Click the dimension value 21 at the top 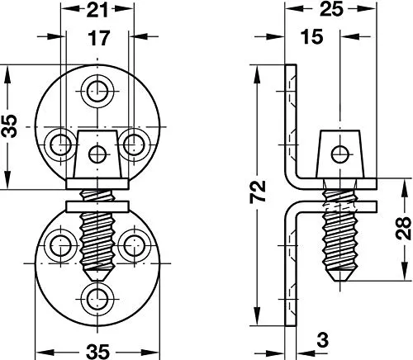coord(97,10)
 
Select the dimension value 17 coord(98,38)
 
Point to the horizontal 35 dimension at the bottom coord(97,352)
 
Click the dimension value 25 coord(332,9)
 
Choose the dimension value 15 coord(311,37)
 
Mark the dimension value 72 coord(258,192)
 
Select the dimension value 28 coord(403,228)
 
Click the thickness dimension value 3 coord(322,339)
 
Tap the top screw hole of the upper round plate coord(97,91)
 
